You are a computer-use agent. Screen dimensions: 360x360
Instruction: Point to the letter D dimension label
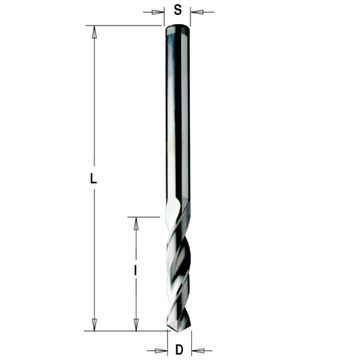pos(178,349)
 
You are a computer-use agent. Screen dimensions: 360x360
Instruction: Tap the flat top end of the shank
pos(178,26)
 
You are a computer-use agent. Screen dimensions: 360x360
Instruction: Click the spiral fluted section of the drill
pos(178,270)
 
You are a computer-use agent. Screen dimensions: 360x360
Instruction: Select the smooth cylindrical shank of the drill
pos(178,120)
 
